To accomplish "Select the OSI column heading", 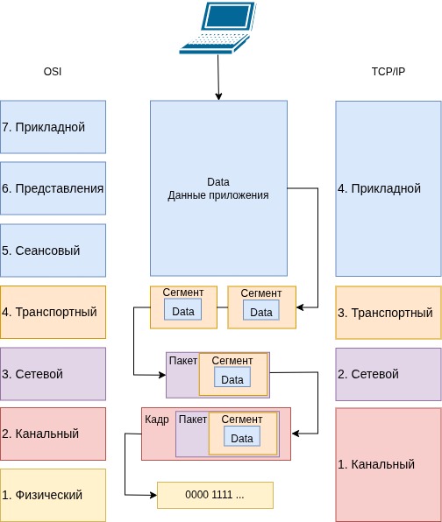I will [x=53, y=71].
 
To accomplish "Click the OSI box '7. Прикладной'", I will [x=53, y=127].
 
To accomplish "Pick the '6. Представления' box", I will [x=53, y=188].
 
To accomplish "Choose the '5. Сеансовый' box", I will [x=53, y=250].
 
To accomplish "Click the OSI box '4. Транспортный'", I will [x=53, y=312].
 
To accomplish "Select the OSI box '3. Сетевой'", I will [x=53, y=374].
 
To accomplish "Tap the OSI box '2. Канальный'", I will [x=53, y=434].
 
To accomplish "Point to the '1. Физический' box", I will [x=53, y=495].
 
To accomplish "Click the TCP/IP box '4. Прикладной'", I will [x=388, y=188].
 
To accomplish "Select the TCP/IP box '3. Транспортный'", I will [x=388, y=312].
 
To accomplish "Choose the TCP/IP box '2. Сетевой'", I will [x=388, y=374].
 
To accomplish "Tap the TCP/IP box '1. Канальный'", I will [x=388, y=464].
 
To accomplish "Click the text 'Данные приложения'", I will [x=217, y=195].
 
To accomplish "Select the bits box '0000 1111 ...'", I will [x=215, y=495].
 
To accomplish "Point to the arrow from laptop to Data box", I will [x=217, y=79].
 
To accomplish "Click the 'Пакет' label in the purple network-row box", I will [x=182, y=361].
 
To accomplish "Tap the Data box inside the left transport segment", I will [x=182, y=311].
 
